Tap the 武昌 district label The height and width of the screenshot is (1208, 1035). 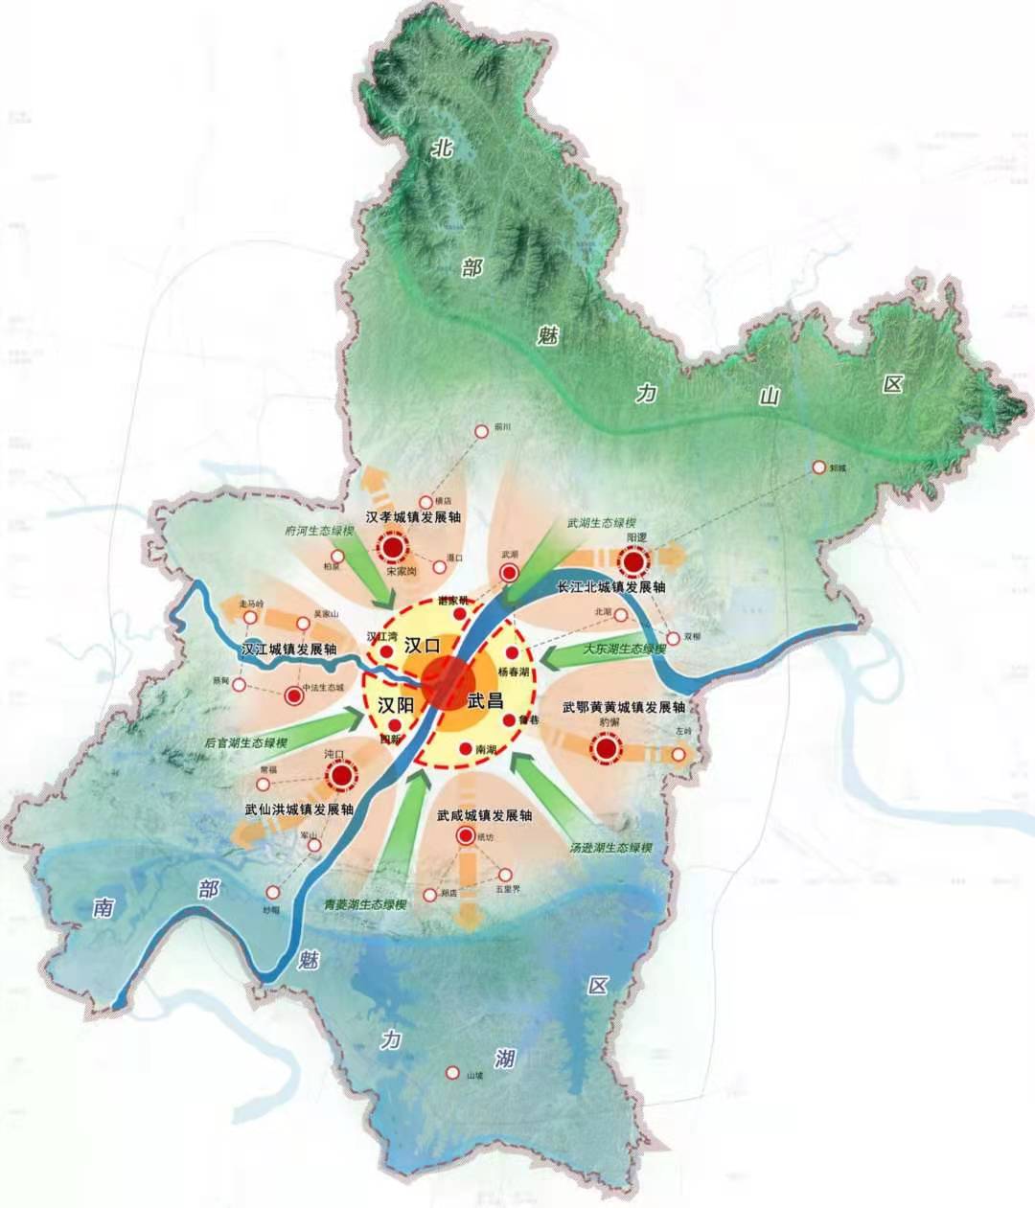tap(485, 700)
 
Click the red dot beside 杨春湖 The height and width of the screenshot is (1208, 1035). tap(513, 652)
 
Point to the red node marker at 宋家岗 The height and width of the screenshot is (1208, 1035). tap(392, 549)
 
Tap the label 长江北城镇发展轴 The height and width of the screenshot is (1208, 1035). tap(610, 586)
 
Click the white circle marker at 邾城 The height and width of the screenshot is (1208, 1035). tap(818, 467)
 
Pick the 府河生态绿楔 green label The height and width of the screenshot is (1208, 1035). tap(321, 531)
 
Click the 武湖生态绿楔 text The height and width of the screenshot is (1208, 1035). tap(601, 523)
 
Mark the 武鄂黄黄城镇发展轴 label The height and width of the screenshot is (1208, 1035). tap(624, 707)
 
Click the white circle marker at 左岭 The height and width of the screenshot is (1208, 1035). tap(679, 755)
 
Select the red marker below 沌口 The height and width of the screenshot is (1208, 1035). tap(339, 776)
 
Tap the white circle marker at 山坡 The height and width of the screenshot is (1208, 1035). tap(452, 1073)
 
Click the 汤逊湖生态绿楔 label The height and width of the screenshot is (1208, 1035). tap(610, 848)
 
